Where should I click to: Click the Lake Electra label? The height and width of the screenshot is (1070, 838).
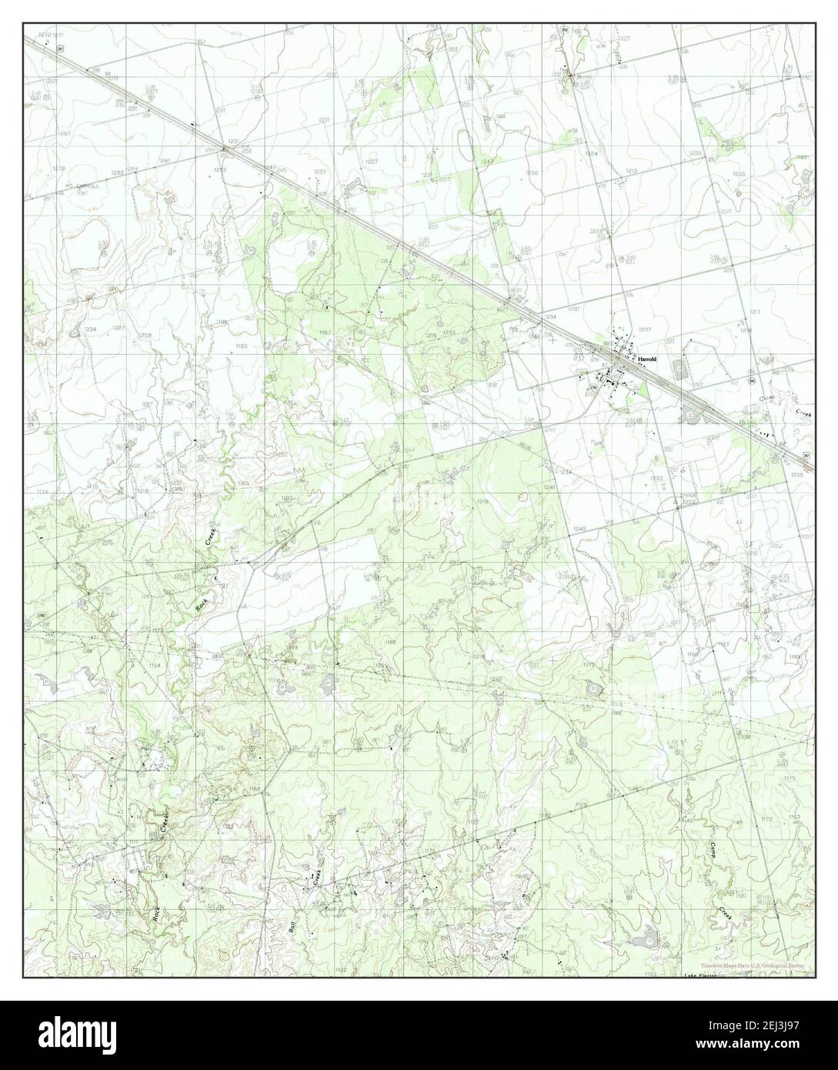(700, 975)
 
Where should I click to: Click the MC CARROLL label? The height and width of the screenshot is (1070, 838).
(83, 186)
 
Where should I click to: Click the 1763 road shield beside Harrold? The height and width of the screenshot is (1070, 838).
(593, 388)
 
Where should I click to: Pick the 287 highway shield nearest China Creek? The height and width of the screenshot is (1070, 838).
(806, 456)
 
